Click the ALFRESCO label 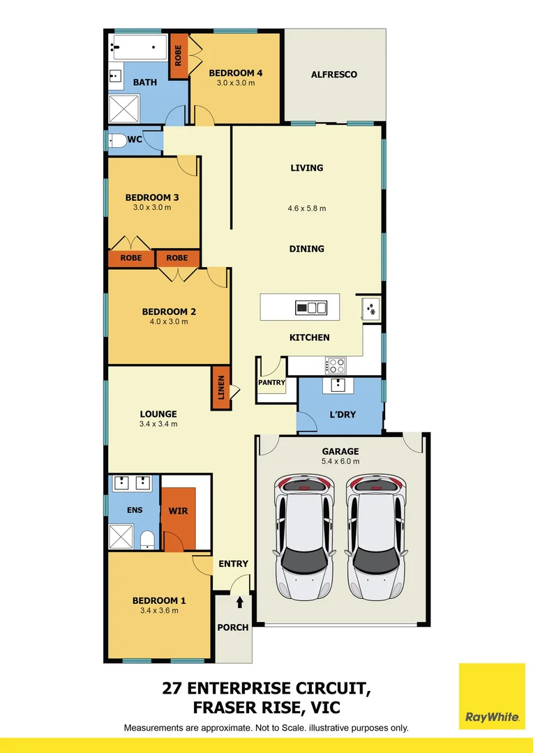[334, 74]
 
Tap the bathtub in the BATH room [138, 50]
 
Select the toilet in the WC [118, 141]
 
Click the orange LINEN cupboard [220, 388]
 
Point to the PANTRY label [271, 383]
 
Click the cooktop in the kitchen [336, 364]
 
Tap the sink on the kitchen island [311, 307]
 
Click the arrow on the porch [240, 602]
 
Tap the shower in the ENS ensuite [122, 538]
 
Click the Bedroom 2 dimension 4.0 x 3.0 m [165, 321]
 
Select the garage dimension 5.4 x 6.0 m [340, 461]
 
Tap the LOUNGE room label [158, 413]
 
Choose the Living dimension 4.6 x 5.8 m [307, 208]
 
